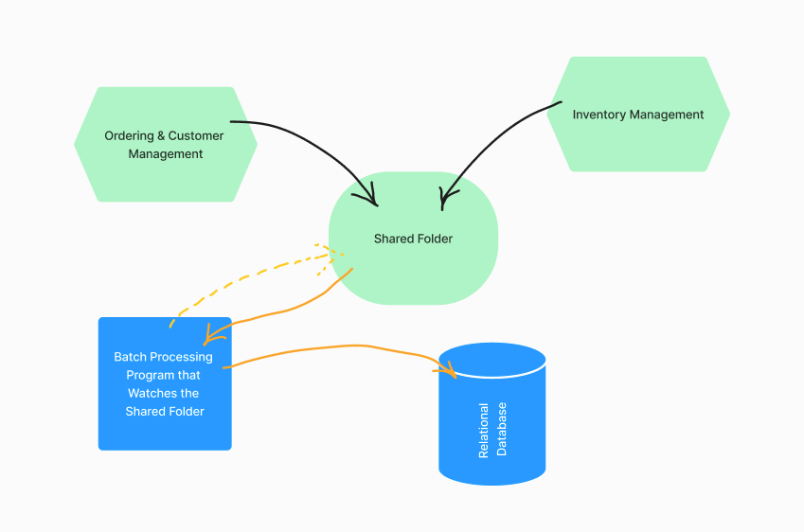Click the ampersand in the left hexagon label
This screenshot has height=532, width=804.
161,135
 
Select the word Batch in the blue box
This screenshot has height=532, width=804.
130,357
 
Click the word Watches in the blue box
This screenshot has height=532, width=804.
151,393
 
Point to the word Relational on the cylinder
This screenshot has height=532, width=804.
484,431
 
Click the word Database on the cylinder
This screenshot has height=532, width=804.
502,429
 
